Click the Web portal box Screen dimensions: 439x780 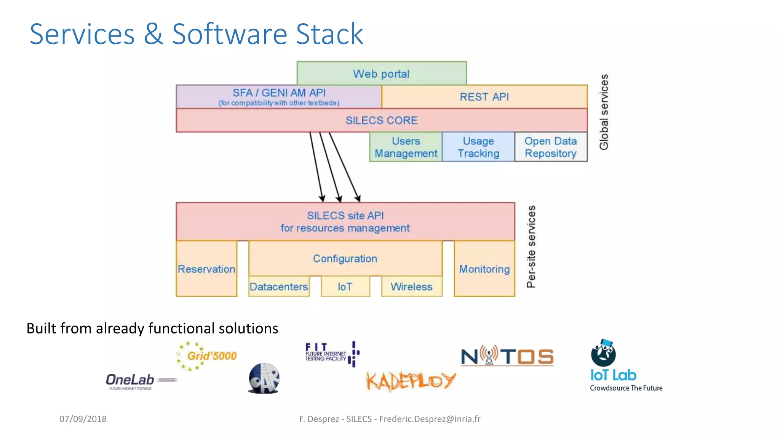pyautogui.click(x=381, y=73)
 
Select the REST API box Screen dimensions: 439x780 pyautogui.click(x=484, y=97)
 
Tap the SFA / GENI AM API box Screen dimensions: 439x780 pyautogui.click(x=279, y=97)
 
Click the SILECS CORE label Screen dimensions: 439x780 pyautogui.click(x=381, y=120)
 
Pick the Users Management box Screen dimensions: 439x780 pyautogui.click(x=406, y=147)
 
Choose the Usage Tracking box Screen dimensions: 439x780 pyautogui.click(x=478, y=147)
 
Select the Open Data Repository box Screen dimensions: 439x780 pyautogui.click(x=550, y=147)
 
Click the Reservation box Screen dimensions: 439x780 pyautogui.click(x=206, y=269)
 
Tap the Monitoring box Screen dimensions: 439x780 pyautogui.click(x=484, y=269)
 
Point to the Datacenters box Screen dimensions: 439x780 pyautogui.click(x=279, y=287)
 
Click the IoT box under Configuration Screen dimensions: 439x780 pyautogui.click(x=345, y=287)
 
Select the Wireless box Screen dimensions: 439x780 pyautogui.click(x=411, y=287)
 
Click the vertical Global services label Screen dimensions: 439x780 pyautogui.click(x=604, y=112)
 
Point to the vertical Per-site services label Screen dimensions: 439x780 pyautogui.click(x=531, y=247)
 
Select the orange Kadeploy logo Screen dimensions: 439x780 pyautogui.click(x=411, y=381)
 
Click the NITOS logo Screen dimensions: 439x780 pyautogui.click(x=507, y=356)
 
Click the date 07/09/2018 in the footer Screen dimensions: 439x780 pyautogui.click(x=83, y=419)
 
